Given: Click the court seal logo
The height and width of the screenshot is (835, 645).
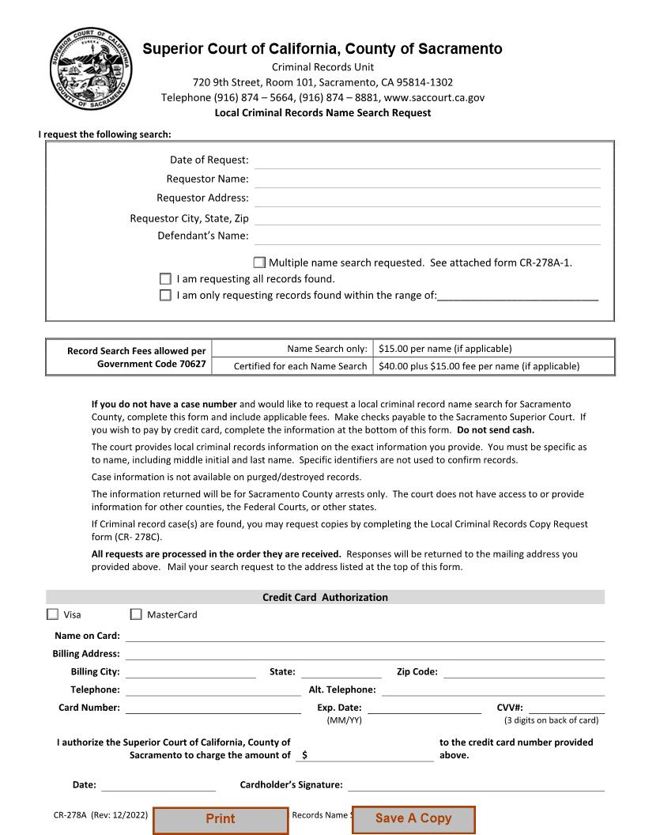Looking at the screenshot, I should pyautogui.click(x=91, y=70).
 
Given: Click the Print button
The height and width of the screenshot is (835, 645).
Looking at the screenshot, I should pyautogui.click(x=221, y=819).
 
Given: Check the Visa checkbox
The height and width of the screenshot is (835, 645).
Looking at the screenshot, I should pyautogui.click(x=53, y=614).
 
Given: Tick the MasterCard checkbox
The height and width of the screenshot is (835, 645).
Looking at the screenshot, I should pyautogui.click(x=136, y=614).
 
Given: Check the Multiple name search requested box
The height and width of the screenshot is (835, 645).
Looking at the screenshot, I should pyautogui.click(x=259, y=263).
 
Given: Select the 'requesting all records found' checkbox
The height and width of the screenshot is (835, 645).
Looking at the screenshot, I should pyautogui.click(x=165, y=278).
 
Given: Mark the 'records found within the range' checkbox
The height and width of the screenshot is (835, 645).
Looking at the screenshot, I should pyautogui.click(x=165, y=295).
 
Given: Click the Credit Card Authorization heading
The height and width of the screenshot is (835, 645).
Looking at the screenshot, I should pyautogui.click(x=325, y=598).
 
